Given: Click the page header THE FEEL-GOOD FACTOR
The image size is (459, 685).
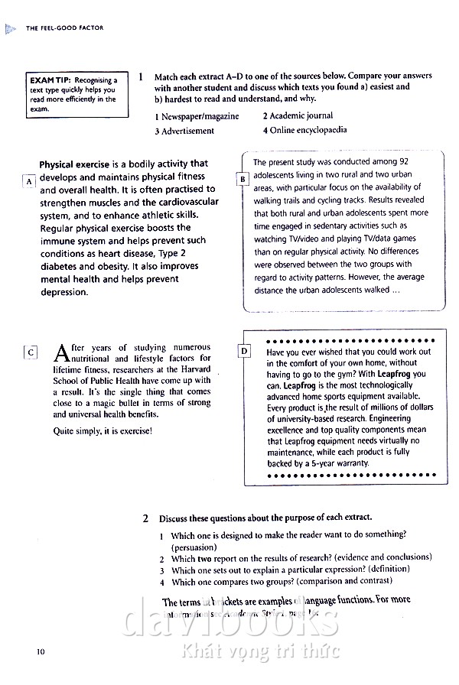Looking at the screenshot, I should pyautogui.click(x=64, y=28).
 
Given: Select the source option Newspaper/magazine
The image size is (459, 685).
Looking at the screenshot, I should pyautogui.click(x=197, y=116).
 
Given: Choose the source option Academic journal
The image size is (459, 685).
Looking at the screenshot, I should pyautogui.click(x=298, y=116).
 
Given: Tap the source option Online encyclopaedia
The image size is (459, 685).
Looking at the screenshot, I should pyautogui.click(x=304, y=130).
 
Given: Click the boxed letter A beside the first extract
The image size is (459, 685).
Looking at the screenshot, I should pyautogui.click(x=29, y=181).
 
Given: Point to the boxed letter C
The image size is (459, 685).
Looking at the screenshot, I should pyautogui.click(x=30, y=352).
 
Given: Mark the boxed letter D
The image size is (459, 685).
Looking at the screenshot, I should pyautogui.click(x=244, y=351).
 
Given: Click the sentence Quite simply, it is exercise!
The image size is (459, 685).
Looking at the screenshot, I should pyautogui.click(x=103, y=431).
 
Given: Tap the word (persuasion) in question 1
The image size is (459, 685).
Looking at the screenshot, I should pyautogui.click(x=194, y=547).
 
